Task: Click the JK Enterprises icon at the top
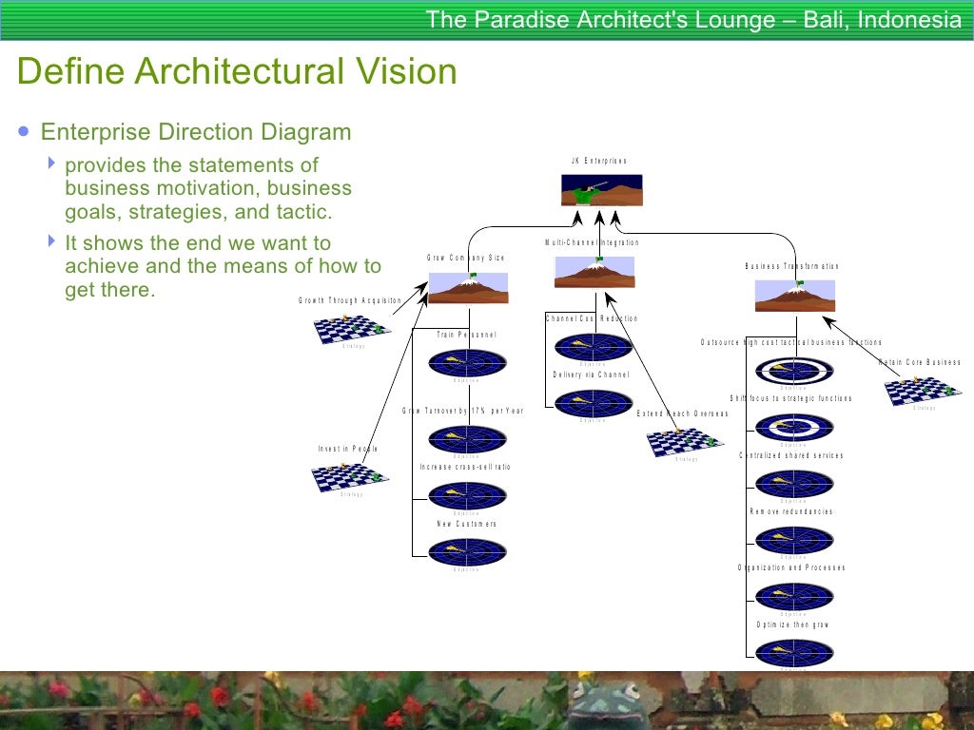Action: click(x=602, y=190)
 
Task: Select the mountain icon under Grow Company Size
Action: click(x=468, y=288)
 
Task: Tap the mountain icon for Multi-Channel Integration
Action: click(x=594, y=272)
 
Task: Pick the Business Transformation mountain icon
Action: click(x=795, y=296)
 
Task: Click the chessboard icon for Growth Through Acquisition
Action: click(x=353, y=329)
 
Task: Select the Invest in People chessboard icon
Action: click(x=351, y=477)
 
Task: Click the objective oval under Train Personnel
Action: click(x=467, y=362)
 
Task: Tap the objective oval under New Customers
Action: click(x=467, y=552)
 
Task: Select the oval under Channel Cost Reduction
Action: click(x=594, y=347)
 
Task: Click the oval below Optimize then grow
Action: click(x=794, y=652)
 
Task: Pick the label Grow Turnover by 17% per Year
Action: click(x=462, y=411)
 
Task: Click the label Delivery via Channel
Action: click(x=592, y=375)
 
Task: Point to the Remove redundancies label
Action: click(x=791, y=511)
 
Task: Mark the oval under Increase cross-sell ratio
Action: click(x=467, y=495)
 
